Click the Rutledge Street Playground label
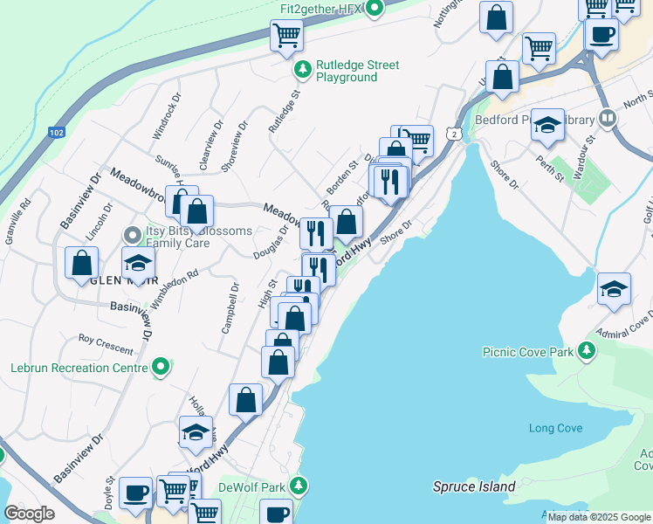(358, 71)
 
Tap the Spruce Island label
(474, 486)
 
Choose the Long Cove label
(555, 428)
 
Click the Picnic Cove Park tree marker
(588, 351)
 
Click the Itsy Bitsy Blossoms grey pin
(132, 235)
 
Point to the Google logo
(30, 514)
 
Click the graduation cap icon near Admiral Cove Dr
(615, 288)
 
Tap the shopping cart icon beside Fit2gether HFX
(286, 36)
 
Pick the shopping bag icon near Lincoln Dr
(81, 261)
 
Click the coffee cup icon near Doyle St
(135, 492)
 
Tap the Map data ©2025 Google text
(598, 517)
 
